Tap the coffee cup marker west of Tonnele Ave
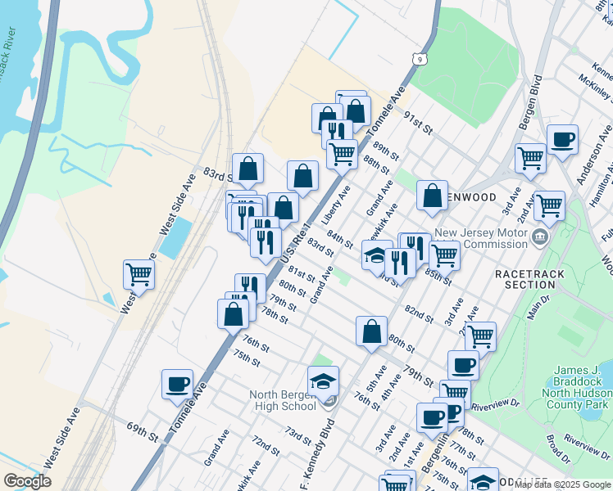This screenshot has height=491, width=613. click(x=178, y=384)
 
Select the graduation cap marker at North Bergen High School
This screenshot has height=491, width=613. click(x=324, y=381)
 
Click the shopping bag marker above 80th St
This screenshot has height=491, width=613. click(x=371, y=331)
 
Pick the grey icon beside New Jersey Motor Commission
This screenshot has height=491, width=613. click(x=540, y=237)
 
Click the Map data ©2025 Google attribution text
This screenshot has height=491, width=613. click(x=563, y=484)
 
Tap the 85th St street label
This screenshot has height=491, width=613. click(x=438, y=276)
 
